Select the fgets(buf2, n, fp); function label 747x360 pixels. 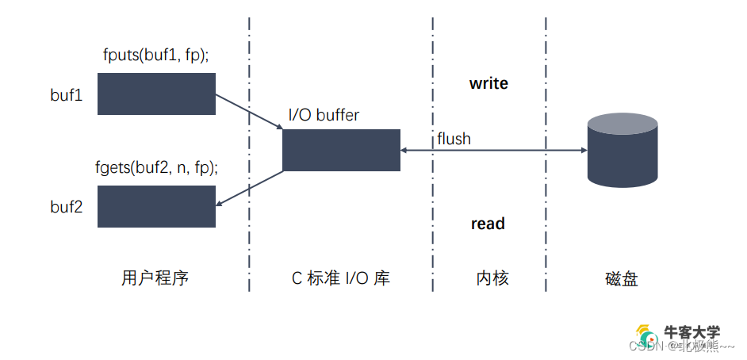tap(156, 168)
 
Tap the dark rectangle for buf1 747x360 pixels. tap(156, 94)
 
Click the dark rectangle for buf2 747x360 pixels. tap(156, 206)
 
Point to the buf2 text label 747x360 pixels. tap(67, 207)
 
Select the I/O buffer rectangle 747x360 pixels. tap(341, 150)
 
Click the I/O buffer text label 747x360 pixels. tap(324, 115)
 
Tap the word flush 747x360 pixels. tap(454, 139)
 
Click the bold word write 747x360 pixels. tap(488, 83)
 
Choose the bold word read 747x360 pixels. tap(488, 224)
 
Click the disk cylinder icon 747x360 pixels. tap(622, 150)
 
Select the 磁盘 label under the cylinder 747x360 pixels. tap(621, 278)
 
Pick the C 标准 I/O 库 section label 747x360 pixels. tap(341, 278)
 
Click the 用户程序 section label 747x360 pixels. tap(155, 278)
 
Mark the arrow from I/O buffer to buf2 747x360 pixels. tap(250, 188)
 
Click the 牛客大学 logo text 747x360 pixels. tap(691, 332)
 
